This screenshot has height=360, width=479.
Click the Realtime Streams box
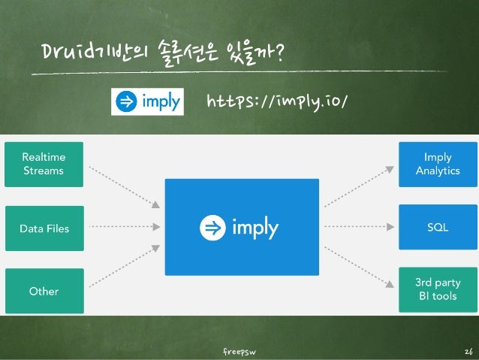[x=44, y=164]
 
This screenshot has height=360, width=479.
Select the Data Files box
[x=44, y=227]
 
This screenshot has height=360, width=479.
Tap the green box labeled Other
[x=44, y=290]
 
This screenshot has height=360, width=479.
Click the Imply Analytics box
[x=437, y=164]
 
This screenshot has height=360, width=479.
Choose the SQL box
[x=437, y=227]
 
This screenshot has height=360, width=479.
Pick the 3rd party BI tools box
[x=437, y=290]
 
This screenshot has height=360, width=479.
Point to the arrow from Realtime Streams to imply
[x=124, y=186]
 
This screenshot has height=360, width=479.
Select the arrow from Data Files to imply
[x=124, y=227]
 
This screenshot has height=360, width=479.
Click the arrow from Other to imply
[x=124, y=268]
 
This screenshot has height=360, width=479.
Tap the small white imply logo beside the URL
[x=147, y=101]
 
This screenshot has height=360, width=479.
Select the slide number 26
[x=468, y=351]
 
